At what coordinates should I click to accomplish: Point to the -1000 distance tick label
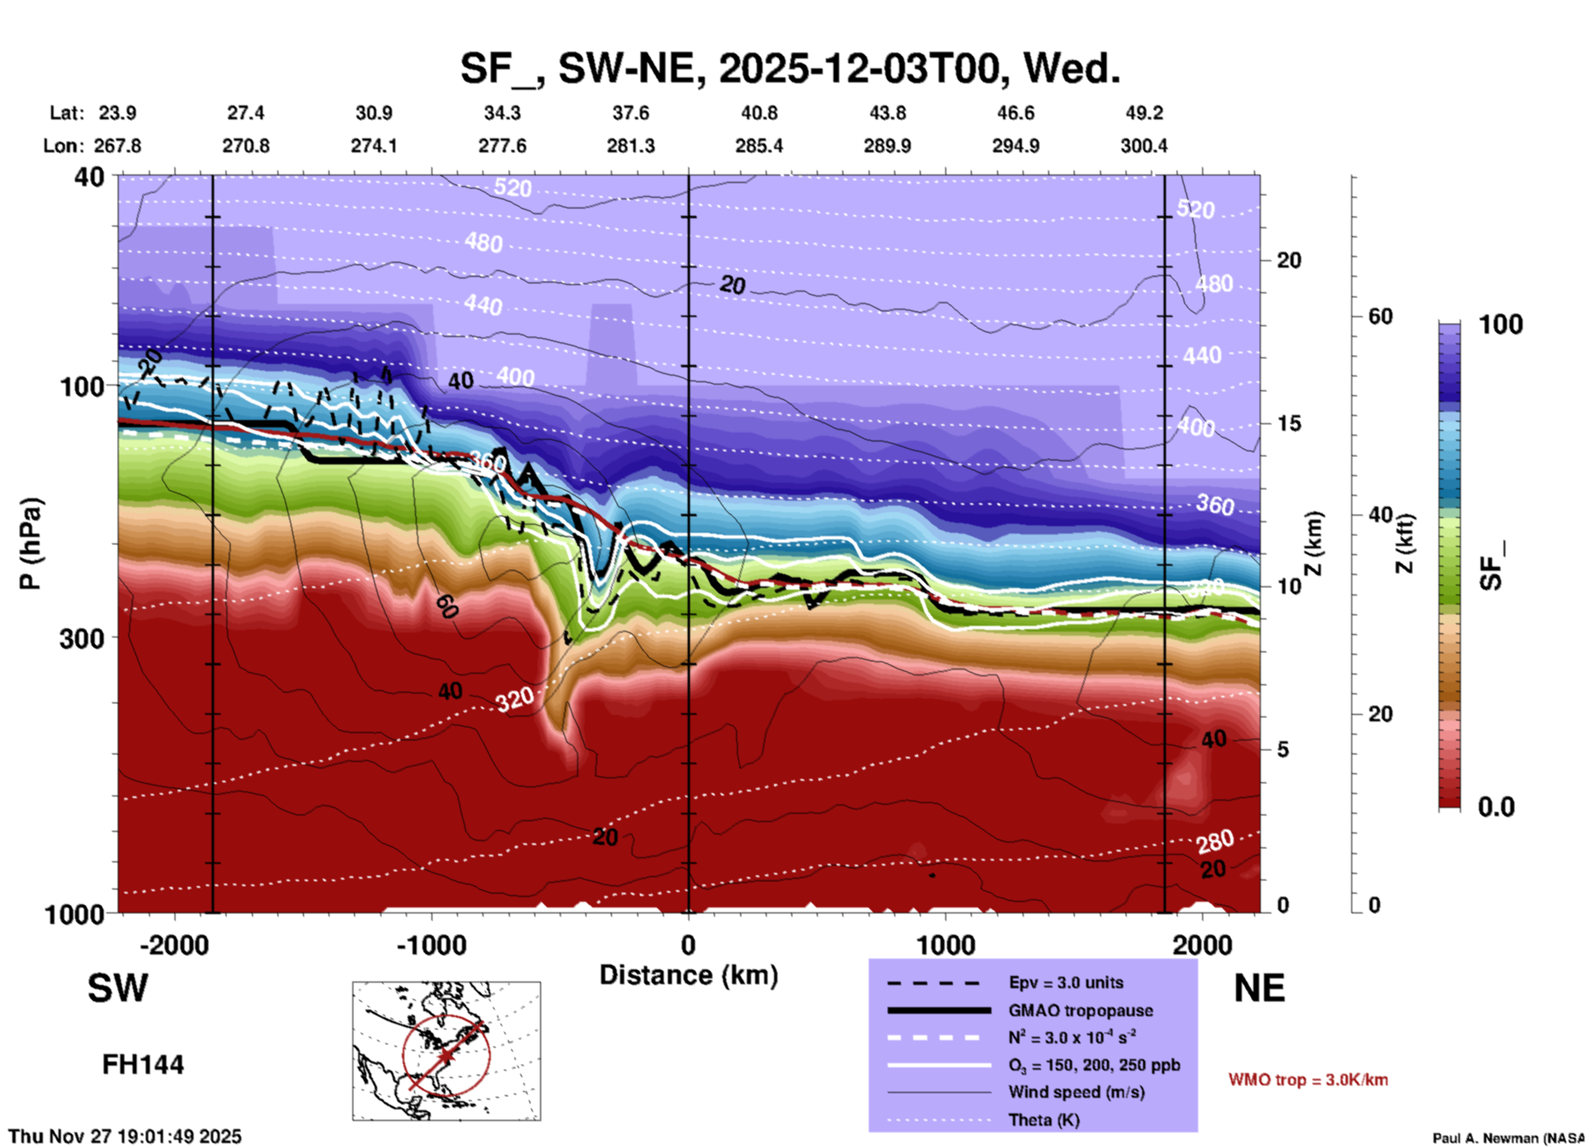431,945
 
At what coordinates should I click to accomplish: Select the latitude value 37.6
630,113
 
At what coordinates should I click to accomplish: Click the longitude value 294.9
1015,146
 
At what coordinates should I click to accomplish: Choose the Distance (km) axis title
688,975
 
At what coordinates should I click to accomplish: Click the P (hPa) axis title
30,544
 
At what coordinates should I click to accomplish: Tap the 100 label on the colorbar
1500,324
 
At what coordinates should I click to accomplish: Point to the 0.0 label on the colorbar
1496,807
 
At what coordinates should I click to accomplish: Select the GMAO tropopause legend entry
1080,1010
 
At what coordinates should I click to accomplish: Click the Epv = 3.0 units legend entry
1066,982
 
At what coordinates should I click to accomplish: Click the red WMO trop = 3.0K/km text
1308,1080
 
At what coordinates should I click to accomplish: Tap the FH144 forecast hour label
142,1065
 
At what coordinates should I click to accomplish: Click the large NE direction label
1259,988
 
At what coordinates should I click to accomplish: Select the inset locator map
446,1051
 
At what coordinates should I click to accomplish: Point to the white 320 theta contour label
515,699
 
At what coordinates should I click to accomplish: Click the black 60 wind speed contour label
446,607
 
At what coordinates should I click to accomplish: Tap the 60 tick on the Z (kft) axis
1380,317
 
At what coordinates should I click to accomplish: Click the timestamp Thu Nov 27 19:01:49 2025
125,1136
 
